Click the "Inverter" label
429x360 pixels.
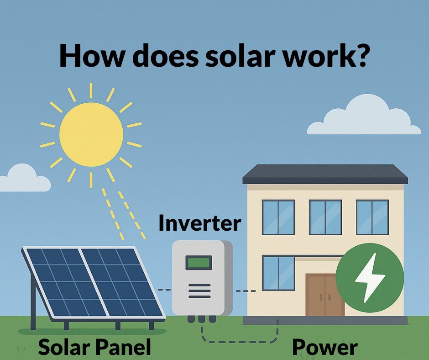pyautogui.click(x=199, y=223)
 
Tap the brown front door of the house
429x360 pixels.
pyautogui.click(x=324, y=295)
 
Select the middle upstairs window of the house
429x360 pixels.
pyautogui.click(x=325, y=217)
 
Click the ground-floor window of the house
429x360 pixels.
pyautogui.click(x=278, y=273)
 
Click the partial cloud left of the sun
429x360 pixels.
pyautogui.click(x=23, y=179)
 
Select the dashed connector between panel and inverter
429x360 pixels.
pyautogui.click(x=163, y=290)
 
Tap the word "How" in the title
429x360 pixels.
pyautogui.click(x=87, y=57)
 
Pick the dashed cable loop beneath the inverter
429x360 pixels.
pyautogui.click(x=237, y=340)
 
